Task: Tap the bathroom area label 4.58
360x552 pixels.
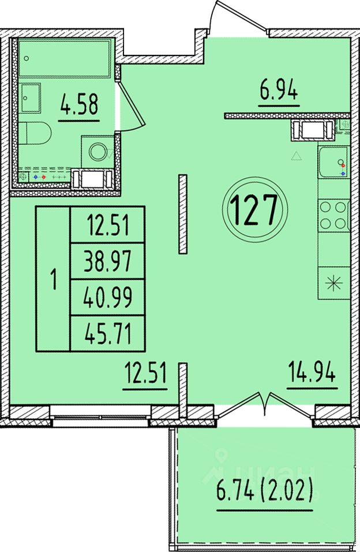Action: click(x=79, y=104)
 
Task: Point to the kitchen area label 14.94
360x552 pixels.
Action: click(x=312, y=372)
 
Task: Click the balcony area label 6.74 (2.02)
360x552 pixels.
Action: click(x=265, y=491)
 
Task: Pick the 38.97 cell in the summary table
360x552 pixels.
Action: click(x=108, y=261)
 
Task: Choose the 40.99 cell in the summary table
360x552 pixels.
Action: click(x=108, y=297)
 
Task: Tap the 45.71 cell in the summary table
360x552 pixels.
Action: click(x=108, y=333)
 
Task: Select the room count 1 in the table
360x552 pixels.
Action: click(x=54, y=279)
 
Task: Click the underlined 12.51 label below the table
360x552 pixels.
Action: click(x=145, y=373)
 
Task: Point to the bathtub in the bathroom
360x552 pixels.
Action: click(x=65, y=58)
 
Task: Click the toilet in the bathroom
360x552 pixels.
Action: click(x=35, y=133)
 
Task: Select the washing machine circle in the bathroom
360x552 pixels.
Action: click(x=97, y=152)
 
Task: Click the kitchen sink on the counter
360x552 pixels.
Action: click(x=333, y=162)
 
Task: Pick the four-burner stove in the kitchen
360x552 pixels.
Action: click(x=333, y=215)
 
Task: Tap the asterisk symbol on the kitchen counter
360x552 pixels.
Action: click(x=333, y=283)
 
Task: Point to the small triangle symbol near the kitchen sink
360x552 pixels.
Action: click(x=297, y=156)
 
